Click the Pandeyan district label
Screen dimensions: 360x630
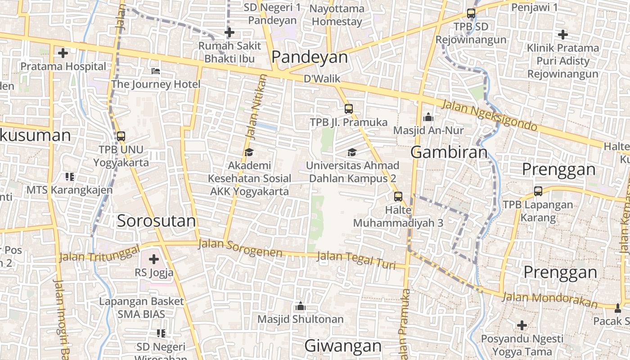[310, 57]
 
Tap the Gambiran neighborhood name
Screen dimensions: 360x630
[449, 152]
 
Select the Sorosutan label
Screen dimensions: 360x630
[156, 221]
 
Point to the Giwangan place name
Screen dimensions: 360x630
[343, 346]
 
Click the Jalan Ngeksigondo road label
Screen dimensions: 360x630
[490, 116]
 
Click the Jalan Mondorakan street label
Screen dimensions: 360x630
[549, 300]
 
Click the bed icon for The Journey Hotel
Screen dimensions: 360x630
[156, 71]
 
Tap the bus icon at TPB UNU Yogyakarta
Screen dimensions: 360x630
[121, 136]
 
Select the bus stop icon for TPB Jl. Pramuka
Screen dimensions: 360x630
[348, 108]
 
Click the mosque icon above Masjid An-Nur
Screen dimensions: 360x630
[428, 117]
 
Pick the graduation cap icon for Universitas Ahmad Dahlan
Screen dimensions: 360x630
[352, 152]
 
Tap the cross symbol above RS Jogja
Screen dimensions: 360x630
[154, 259]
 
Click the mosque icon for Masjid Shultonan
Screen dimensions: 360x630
[300, 307]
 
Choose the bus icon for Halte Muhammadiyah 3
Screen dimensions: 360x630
[398, 196]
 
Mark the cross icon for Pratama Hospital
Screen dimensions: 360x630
[63, 53]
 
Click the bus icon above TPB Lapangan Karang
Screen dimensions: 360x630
[538, 191]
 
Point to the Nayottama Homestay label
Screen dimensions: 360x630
[337, 15]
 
